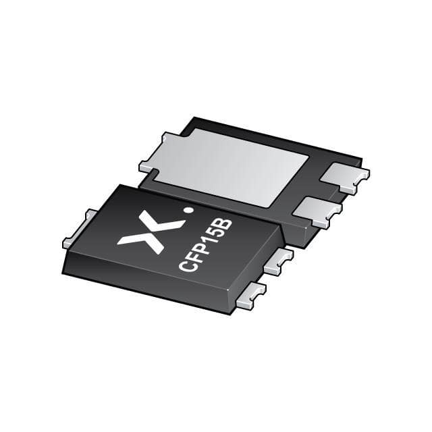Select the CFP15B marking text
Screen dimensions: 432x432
206,244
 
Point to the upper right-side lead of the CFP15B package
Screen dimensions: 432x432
278,261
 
